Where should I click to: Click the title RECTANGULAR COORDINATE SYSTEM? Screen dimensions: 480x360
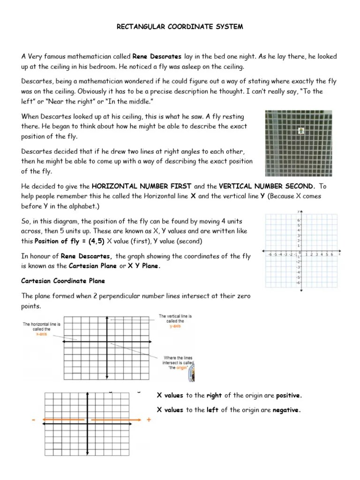180,27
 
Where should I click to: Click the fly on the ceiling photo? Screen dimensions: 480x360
301,131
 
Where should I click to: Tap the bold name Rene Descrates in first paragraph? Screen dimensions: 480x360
157,56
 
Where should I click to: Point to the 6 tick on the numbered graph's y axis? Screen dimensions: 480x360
299,220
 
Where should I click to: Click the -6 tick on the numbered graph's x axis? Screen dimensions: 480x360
270,255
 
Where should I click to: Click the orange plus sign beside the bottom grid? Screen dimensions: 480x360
149,420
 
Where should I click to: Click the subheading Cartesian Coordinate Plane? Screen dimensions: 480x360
63,281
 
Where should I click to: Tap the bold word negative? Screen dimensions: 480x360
285,410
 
